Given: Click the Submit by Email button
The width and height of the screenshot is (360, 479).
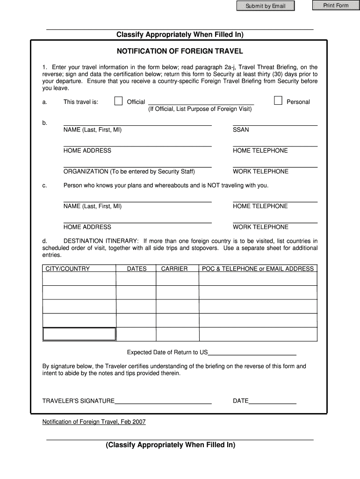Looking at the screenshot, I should (266, 6).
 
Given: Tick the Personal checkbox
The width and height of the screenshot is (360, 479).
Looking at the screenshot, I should (278, 101).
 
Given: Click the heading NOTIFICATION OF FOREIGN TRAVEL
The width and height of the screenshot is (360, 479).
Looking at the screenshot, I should (180, 51).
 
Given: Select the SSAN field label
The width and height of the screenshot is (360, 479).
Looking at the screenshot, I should (241, 130).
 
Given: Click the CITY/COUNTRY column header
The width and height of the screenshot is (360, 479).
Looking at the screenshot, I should (67, 269).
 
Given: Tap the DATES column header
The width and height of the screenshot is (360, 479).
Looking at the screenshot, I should (137, 269).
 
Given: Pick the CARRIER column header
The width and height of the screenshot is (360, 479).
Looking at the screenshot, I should (174, 269).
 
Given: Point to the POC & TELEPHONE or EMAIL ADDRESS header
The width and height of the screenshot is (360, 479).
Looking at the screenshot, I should (258, 269).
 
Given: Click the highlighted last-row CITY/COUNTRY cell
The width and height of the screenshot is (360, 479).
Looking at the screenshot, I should (79, 334).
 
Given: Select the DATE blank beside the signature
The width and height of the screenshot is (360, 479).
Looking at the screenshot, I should (273, 400).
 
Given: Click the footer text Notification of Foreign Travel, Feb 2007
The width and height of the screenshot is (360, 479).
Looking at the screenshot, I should (94, 422).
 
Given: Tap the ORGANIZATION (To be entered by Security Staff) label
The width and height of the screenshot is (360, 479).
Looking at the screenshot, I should (129, 171).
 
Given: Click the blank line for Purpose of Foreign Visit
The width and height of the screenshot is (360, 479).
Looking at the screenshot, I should (201, 102).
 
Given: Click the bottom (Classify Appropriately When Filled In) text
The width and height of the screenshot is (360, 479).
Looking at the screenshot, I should (170, 445).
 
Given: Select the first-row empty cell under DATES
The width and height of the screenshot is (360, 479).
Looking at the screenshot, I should (136, 279).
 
